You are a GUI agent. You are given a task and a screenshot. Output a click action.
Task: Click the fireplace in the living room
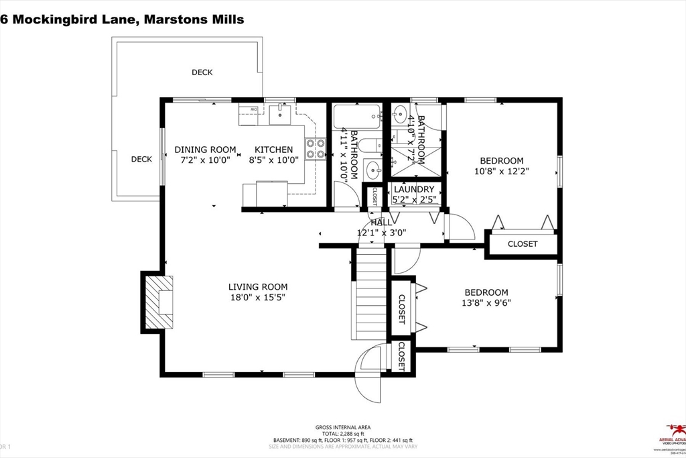coord(159,302)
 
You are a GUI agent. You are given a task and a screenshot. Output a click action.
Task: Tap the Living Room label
coord(257,287)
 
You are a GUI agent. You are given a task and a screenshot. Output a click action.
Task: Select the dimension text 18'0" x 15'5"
coord(257,298)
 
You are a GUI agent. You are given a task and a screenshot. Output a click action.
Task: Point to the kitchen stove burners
coord(315,148)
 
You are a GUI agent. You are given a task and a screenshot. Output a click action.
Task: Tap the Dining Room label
coord(205,150)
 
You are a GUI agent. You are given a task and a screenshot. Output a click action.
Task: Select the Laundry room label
coord(413,190)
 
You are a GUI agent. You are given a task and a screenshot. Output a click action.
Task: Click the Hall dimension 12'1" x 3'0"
coord(381,233)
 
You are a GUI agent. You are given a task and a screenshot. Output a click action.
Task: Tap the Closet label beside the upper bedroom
coord(522,244)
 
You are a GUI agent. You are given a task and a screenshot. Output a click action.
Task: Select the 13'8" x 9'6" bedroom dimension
coord(486,302)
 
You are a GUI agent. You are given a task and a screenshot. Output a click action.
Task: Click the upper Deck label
coord(202,72)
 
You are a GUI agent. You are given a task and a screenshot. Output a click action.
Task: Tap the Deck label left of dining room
coord(141,159)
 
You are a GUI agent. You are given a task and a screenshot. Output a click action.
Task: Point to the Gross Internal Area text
coord(342,427)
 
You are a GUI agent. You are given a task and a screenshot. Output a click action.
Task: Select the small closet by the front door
coord(401,356)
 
